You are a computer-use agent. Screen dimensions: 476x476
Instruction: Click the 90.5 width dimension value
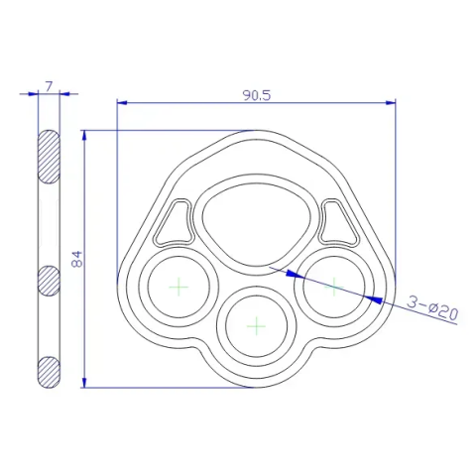pos(257,95)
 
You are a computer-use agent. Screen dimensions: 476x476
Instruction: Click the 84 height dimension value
pos(76,259)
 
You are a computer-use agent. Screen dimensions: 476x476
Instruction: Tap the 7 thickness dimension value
pos(49,86)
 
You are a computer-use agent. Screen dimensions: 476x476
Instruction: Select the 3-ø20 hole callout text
pos(432,308)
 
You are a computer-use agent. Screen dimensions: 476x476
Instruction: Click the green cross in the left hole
pos(178,287)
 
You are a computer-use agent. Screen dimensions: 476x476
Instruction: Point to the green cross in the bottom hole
pos(257,326)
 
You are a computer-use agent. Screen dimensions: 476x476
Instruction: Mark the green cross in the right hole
pos(334,287)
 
